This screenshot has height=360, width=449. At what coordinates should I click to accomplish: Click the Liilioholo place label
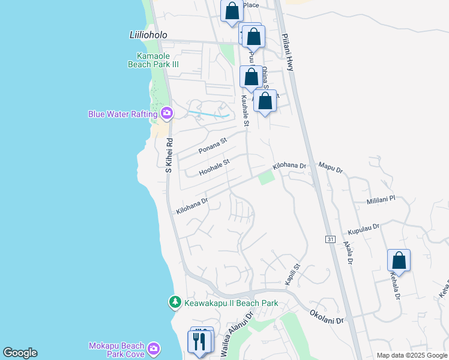148,35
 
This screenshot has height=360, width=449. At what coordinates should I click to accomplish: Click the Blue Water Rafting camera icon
167,113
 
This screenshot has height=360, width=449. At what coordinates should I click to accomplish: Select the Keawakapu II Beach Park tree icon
175,302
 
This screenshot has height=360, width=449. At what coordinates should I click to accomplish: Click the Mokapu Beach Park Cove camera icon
154,349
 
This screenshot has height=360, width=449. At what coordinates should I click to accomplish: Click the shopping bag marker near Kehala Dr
399,261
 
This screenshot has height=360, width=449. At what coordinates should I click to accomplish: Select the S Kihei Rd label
169,156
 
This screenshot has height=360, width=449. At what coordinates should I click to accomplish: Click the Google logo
20,353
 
